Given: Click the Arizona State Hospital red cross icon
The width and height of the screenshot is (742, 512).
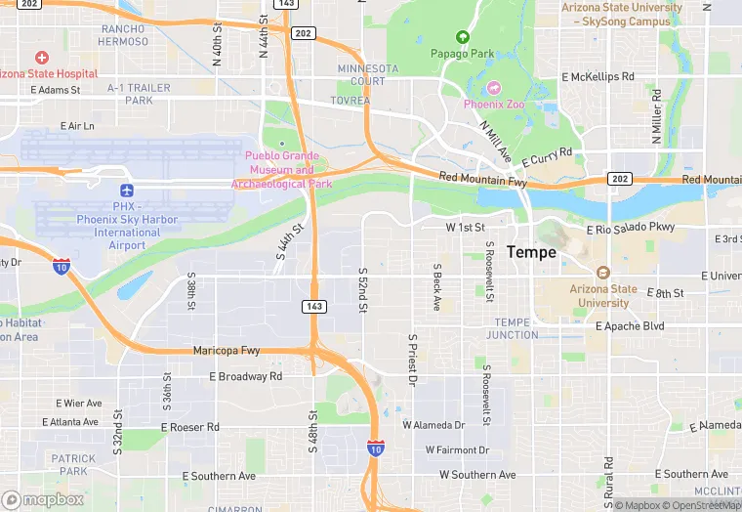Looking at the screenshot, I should coord(41,59).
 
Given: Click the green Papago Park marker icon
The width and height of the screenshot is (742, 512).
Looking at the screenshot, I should coord(462,37).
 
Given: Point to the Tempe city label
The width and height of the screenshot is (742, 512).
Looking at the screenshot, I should coord(531,252).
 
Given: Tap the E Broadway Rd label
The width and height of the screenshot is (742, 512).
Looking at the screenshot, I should coord(245,376).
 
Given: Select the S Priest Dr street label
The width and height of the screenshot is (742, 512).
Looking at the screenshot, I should coord(412,358).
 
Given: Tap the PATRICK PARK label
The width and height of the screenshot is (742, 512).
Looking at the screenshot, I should coord(73,464).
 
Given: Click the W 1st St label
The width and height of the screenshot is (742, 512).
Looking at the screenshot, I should coord(466,227).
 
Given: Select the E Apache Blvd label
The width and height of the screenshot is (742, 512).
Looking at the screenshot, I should coord(630,326).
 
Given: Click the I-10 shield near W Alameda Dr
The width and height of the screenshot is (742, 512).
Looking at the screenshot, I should coord(375,448).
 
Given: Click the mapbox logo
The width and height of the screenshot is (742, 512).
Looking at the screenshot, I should coord(43,499).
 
